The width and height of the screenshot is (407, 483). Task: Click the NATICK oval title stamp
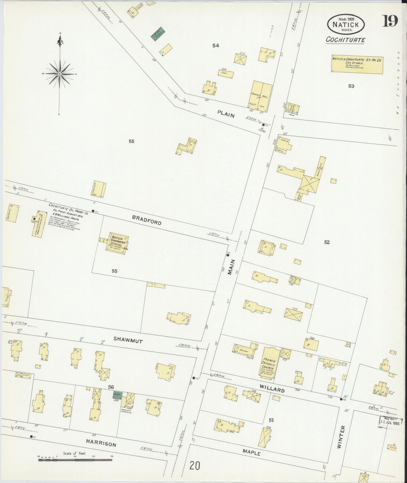346,25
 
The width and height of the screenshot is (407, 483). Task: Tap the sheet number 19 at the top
390,21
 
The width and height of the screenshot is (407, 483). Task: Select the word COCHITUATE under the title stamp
345,40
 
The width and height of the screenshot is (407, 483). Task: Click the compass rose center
60,74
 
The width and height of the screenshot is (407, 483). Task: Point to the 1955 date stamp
390,422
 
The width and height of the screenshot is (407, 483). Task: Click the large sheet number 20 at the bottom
195,466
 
